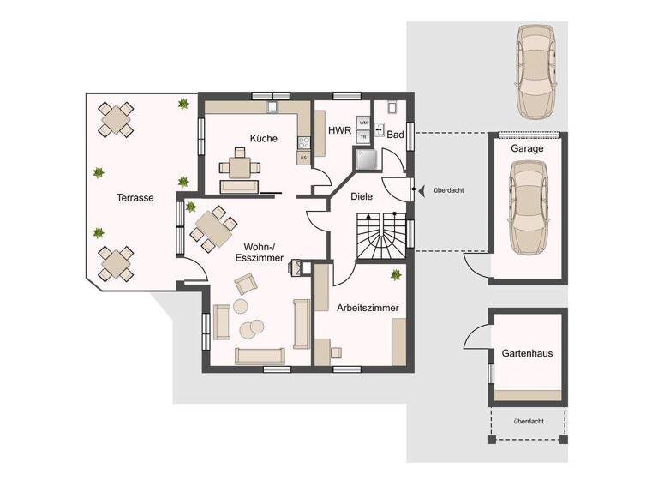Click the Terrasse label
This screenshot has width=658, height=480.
(x=135, y=197)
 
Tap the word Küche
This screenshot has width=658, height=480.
(x=263, y=139)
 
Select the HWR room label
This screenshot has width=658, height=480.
(x=338, y=130)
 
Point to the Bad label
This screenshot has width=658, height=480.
(x=395, y=135)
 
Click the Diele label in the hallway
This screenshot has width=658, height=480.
(x=362, y=195)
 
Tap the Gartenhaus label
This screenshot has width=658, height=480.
(x=527, y=352)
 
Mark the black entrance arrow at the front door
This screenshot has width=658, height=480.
(x=416, y=189)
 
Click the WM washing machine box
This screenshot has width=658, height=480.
(x=363, y=123)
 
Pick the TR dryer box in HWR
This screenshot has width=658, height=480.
(x=363, y=136)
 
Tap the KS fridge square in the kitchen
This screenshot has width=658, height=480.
(x=303, y=158)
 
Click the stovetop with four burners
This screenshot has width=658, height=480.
(x=303, y=141)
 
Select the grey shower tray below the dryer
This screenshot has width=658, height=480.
(x=366, y=159)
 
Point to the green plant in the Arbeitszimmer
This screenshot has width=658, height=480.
(x=395, y=275)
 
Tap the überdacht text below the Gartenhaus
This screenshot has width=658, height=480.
(x=526, y=421)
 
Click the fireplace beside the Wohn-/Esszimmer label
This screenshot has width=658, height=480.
(x=298, y=267)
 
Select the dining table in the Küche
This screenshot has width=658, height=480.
(x=239, y=165)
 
